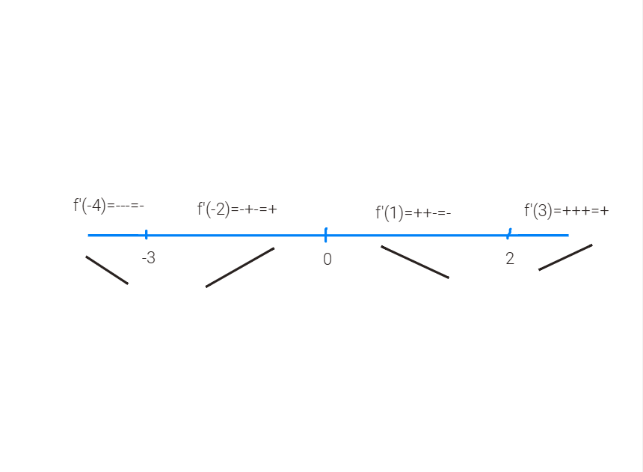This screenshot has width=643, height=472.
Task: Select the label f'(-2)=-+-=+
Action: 237,209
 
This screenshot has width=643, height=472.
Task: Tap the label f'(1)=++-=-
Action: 413,213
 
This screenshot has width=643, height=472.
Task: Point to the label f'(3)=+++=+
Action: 566,211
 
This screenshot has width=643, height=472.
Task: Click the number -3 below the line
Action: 148,259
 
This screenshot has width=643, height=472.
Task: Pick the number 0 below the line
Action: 327,260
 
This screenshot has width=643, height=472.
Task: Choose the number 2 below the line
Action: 509,260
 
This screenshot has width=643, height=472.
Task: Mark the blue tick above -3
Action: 146,234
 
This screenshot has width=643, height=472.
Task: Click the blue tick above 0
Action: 326,235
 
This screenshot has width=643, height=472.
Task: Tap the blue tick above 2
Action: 508,234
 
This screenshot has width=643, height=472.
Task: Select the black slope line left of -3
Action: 107,270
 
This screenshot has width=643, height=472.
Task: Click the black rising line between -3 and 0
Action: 240,267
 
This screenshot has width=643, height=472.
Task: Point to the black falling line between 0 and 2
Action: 415,262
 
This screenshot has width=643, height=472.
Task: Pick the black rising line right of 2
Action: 565,257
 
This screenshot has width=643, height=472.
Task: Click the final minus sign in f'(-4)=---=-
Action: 141,206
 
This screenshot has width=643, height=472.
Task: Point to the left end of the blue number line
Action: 89,235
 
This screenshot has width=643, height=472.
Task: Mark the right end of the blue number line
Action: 567,235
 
